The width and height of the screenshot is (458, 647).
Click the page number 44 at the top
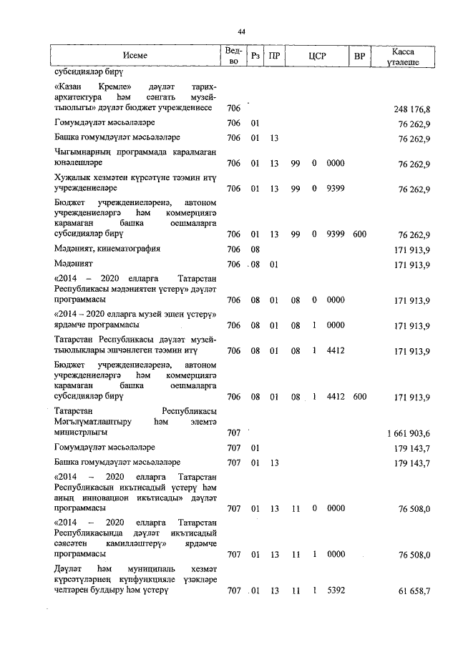coord(241,31)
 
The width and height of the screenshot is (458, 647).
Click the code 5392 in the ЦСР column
coord(336,591)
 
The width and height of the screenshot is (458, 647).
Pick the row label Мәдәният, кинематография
coord(107,249)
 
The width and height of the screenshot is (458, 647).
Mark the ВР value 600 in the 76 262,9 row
coord(359,234)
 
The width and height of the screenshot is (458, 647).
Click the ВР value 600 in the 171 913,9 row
coord(359,396)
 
